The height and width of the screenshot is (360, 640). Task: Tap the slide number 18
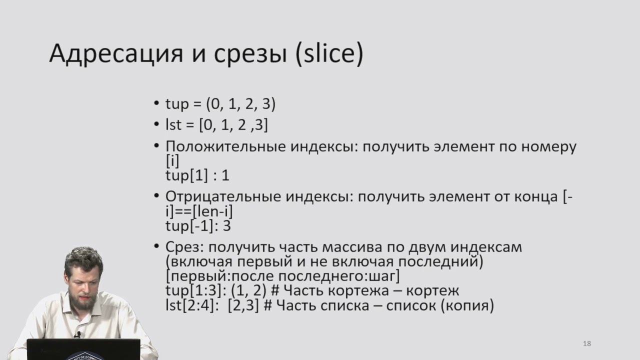point(587,343)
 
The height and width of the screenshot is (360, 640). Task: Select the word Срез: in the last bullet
point(184,247)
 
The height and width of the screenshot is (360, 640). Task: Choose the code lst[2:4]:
point(192,305)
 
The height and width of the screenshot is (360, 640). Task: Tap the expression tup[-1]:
point(191,225)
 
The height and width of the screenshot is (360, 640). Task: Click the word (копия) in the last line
point(467,305)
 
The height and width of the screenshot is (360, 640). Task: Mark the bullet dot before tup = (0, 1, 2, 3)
point(157,104)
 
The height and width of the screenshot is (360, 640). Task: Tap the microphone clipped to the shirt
point(77,334)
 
